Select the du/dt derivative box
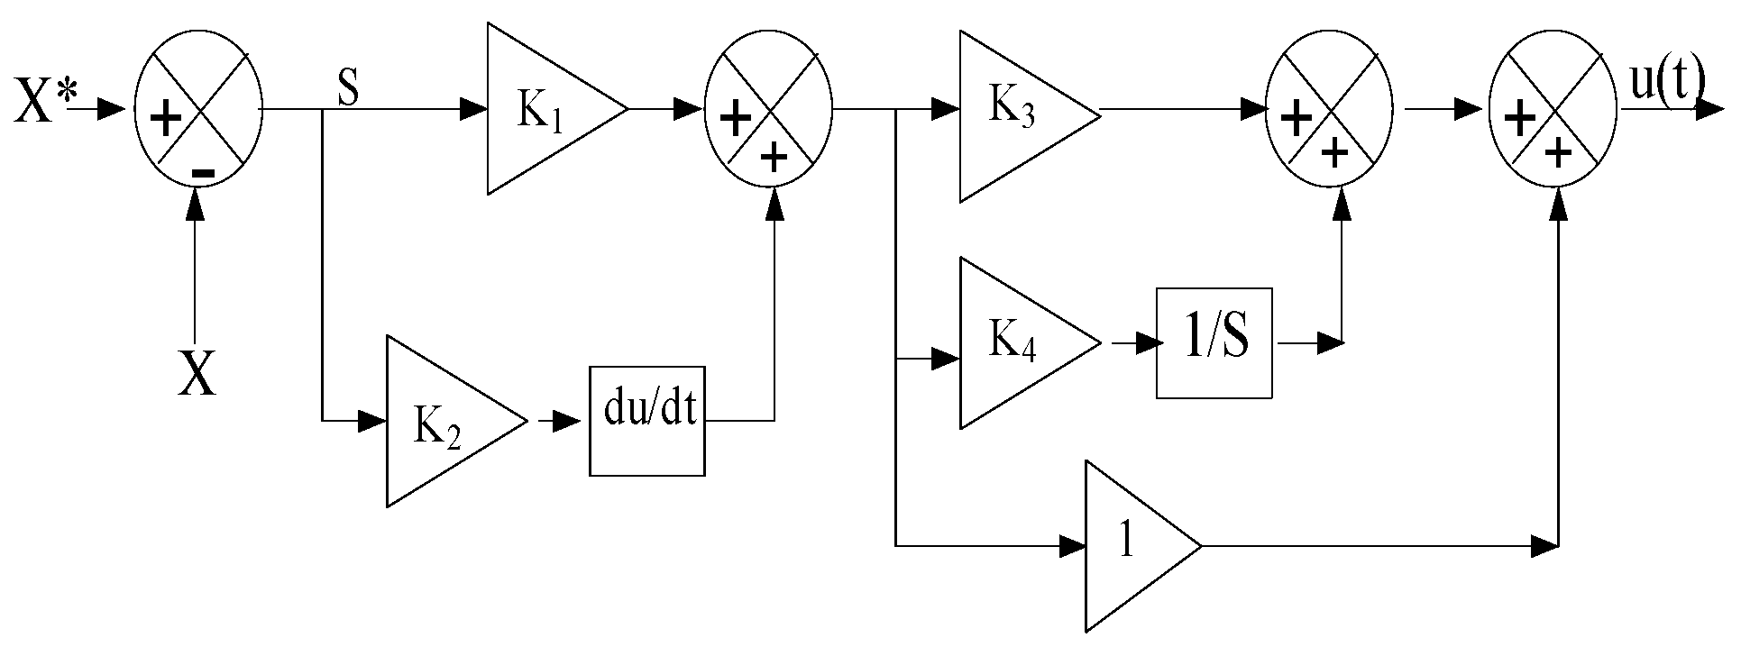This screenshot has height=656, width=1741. (647, 421)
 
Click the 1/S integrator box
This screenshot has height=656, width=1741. (1214, 343)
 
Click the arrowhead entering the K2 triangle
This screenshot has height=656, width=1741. (372, 421)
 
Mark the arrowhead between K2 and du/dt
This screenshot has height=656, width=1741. (567, 421)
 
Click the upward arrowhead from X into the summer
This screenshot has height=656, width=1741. (196, 205)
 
